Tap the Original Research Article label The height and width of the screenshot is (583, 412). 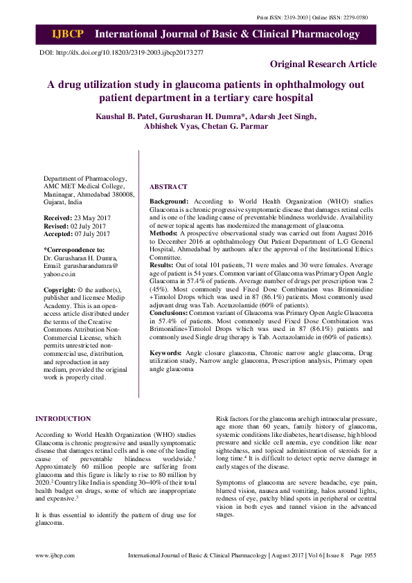click(323, 64)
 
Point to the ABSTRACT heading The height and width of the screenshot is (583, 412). click(168, 187)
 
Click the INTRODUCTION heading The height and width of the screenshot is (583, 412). click(62, 419)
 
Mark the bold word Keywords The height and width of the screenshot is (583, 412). click(166, 353)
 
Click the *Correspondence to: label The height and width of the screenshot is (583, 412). click(74, 249)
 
